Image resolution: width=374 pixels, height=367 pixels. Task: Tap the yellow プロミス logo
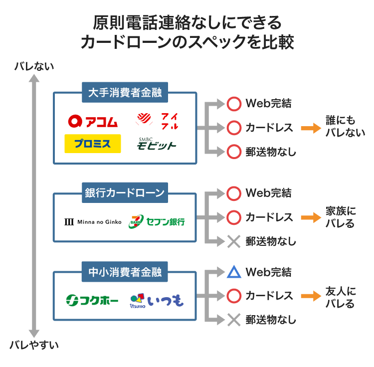coord(93,144)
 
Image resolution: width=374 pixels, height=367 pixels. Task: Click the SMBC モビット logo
coord(157,144)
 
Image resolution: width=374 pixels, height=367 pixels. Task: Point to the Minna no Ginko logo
coord(93,221)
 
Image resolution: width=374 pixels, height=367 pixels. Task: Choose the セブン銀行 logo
coord(157,221)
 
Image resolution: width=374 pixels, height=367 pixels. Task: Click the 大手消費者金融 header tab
coord(125,93)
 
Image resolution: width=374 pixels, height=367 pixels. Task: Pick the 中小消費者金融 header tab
coord(125,272)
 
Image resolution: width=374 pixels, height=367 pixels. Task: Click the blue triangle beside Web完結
coord(234,272)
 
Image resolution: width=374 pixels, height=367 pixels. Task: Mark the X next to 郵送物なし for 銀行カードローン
coord(234,241)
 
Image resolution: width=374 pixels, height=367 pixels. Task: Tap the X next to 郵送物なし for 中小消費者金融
coord(234,320)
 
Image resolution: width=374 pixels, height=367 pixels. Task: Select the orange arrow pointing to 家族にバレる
coord(310,217)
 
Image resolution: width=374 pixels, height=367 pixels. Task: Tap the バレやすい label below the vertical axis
coord(34,345)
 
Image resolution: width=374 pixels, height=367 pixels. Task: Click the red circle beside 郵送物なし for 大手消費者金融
coord(234,152)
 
